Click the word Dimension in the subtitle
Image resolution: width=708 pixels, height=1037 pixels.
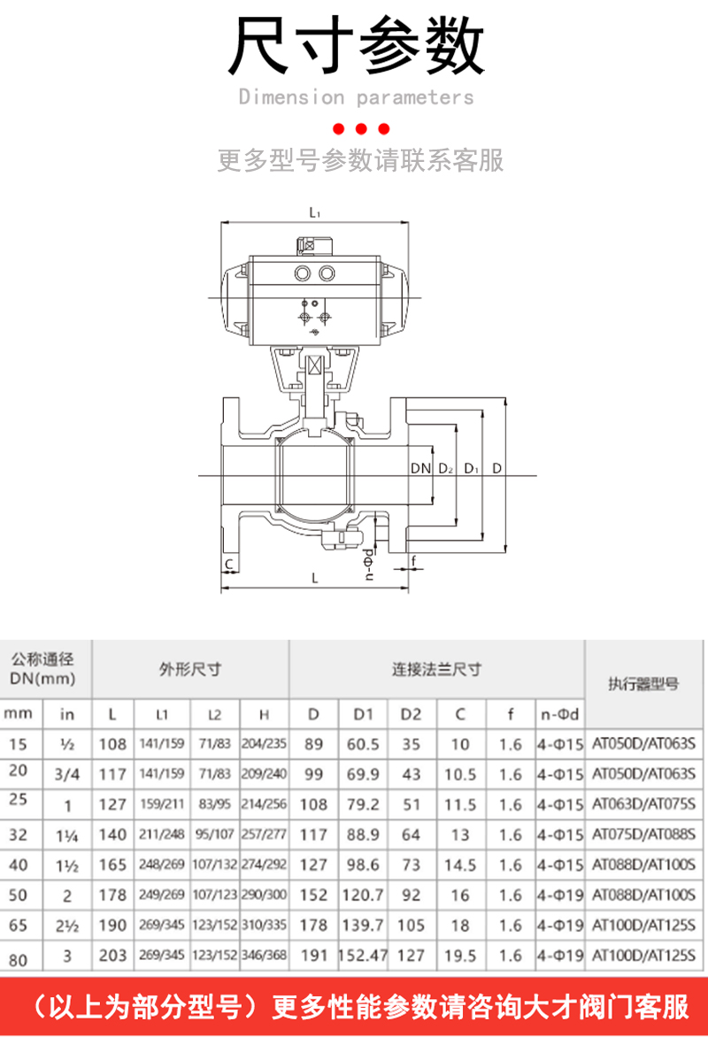(291, 96)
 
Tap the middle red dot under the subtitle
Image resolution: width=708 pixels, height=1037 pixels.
(362, 128)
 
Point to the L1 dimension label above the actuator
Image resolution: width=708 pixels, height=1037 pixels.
(314, 212)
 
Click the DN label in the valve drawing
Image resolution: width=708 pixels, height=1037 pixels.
(420, 468)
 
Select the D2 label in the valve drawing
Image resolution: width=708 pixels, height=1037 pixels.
(445, 468)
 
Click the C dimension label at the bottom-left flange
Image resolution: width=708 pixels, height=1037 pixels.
(228, 564)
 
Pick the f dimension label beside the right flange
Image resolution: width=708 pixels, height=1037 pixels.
(413, 560)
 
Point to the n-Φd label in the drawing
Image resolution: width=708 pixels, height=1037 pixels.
(369, 565)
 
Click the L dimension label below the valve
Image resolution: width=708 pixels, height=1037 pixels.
(314, 578)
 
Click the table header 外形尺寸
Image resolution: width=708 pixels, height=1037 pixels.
(189, 669)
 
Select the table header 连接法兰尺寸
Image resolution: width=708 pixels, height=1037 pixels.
(436, 669)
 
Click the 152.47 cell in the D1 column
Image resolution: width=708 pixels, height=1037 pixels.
(364, 956)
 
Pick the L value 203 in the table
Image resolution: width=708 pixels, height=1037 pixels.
(113, 956)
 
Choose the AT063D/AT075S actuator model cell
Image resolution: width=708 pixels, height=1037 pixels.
(643, 805)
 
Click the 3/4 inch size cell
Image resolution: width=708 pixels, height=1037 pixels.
(67, 774)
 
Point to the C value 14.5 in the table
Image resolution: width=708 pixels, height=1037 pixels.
(460, 865)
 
